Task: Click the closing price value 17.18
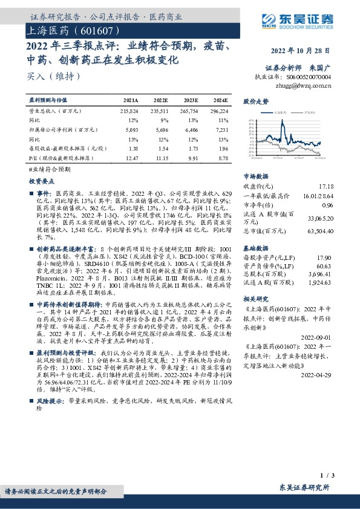[x=325, y=187]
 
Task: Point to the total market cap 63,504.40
[x=320, y=231]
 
